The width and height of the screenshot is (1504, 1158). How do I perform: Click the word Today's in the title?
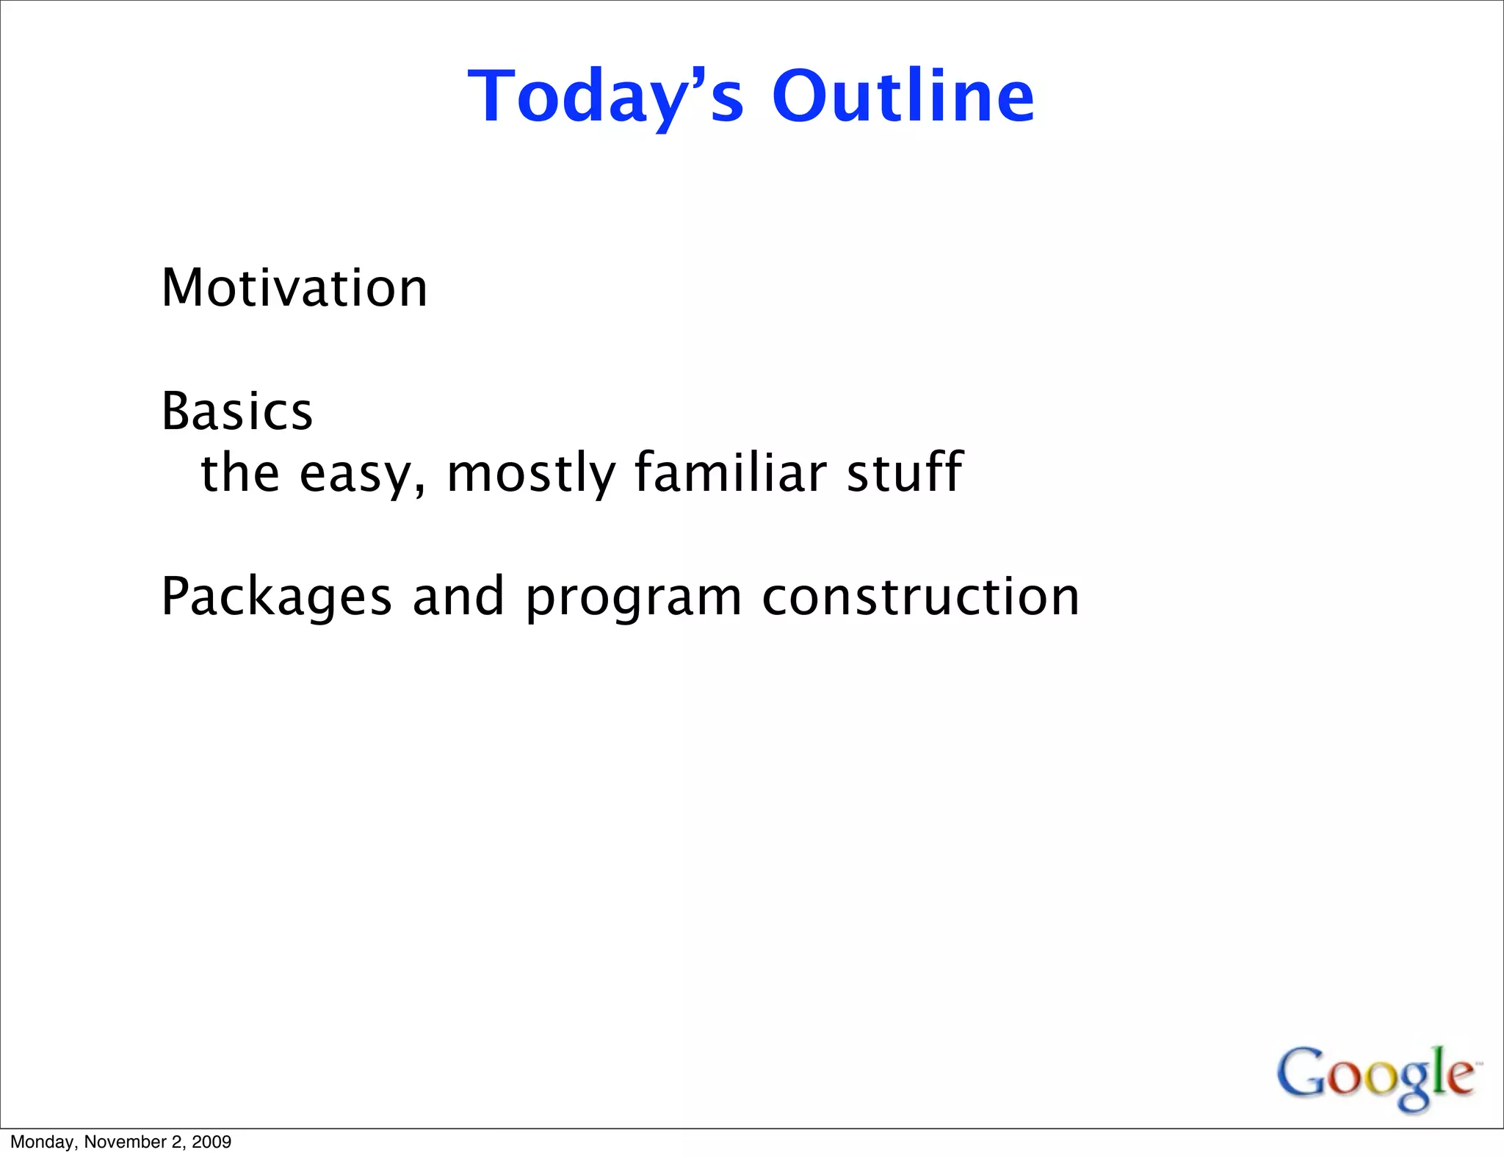[605, 97]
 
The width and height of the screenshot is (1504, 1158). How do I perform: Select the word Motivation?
[294, 287]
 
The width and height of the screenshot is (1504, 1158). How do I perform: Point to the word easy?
[357, 474]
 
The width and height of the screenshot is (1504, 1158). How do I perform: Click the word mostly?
[530, 474]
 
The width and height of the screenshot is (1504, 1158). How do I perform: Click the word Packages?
[276, 597]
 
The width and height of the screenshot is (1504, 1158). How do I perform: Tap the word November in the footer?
[126, 1142]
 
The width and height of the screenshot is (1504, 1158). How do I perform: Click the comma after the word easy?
[419, 490]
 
